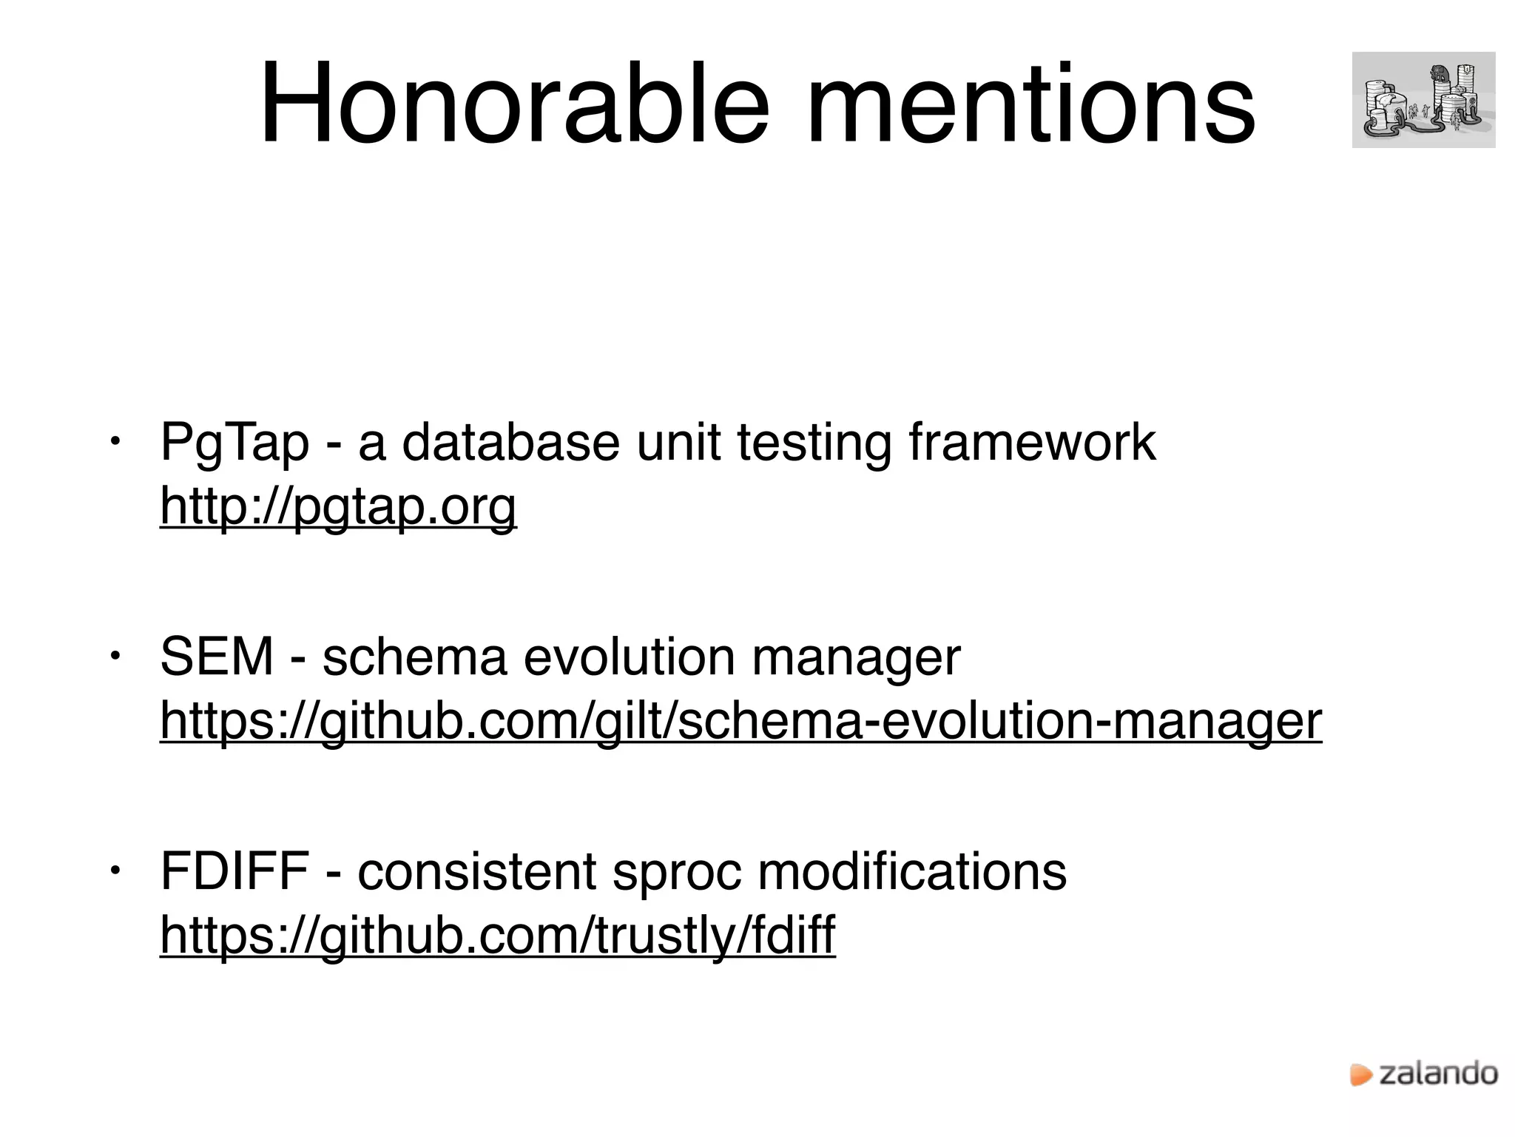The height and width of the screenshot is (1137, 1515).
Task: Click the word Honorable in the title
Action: click(514, 104)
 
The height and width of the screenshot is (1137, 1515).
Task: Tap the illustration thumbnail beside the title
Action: click(1423, 100)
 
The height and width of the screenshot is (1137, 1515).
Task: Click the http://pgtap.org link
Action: click(338, 507)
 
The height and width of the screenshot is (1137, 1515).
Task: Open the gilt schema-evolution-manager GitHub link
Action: click(740, 721)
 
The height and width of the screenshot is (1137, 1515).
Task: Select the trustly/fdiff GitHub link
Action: click(497, 935)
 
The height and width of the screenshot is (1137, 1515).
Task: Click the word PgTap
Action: click(234, 443)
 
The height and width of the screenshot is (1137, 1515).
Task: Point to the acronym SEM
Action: click(217, 657)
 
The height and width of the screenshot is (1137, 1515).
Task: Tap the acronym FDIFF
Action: click(234, 871)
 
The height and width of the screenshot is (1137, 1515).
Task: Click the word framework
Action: click(1032, 443)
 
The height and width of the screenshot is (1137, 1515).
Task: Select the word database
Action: click(510, 443)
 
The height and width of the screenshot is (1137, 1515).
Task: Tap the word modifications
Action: click(912, 871)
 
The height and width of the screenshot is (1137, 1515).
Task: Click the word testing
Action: click(814, 443)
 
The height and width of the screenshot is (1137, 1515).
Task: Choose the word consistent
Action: click(476, 871)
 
